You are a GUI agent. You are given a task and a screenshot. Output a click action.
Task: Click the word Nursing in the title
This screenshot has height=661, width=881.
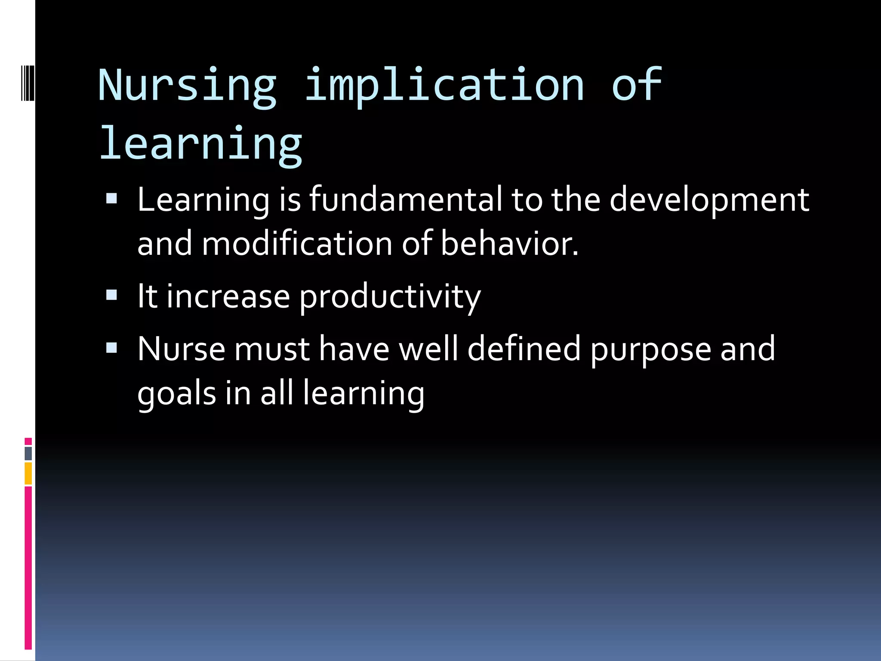187,86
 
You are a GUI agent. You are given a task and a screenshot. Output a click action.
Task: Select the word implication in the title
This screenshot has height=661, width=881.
444,86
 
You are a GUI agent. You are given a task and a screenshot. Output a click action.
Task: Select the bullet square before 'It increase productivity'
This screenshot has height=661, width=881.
111,295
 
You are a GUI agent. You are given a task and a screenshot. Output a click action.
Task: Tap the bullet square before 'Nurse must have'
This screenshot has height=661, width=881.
111,348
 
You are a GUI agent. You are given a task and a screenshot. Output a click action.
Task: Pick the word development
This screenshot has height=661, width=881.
709,200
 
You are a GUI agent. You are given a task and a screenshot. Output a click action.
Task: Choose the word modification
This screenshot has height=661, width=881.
297,244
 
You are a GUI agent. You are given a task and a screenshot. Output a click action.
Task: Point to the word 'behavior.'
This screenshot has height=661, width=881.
509,244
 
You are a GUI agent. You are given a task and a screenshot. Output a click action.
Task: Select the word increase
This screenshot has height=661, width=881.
228,297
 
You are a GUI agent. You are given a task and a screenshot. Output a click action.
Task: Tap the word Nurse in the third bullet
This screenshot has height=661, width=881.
181,349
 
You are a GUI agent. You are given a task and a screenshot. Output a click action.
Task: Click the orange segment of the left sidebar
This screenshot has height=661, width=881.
28,473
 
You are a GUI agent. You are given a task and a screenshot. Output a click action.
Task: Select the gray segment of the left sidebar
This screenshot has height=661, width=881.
28,454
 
